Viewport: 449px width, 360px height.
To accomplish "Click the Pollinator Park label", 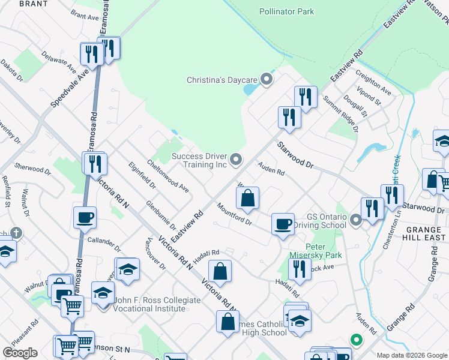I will point(286,11).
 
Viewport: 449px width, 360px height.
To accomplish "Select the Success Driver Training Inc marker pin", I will point(236,160).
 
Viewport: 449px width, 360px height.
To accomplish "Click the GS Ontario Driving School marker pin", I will point(356,221).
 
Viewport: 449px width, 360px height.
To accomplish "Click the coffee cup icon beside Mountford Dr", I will point(283,224).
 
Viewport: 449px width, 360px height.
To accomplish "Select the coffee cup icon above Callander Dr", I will point(85,217).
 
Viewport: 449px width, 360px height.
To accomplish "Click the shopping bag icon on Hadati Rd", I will point(220,271).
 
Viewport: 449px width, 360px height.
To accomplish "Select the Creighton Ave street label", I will point(373,83).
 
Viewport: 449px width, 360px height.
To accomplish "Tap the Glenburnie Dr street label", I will point(160,215).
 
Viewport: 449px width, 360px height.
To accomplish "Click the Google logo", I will point(19,353).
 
